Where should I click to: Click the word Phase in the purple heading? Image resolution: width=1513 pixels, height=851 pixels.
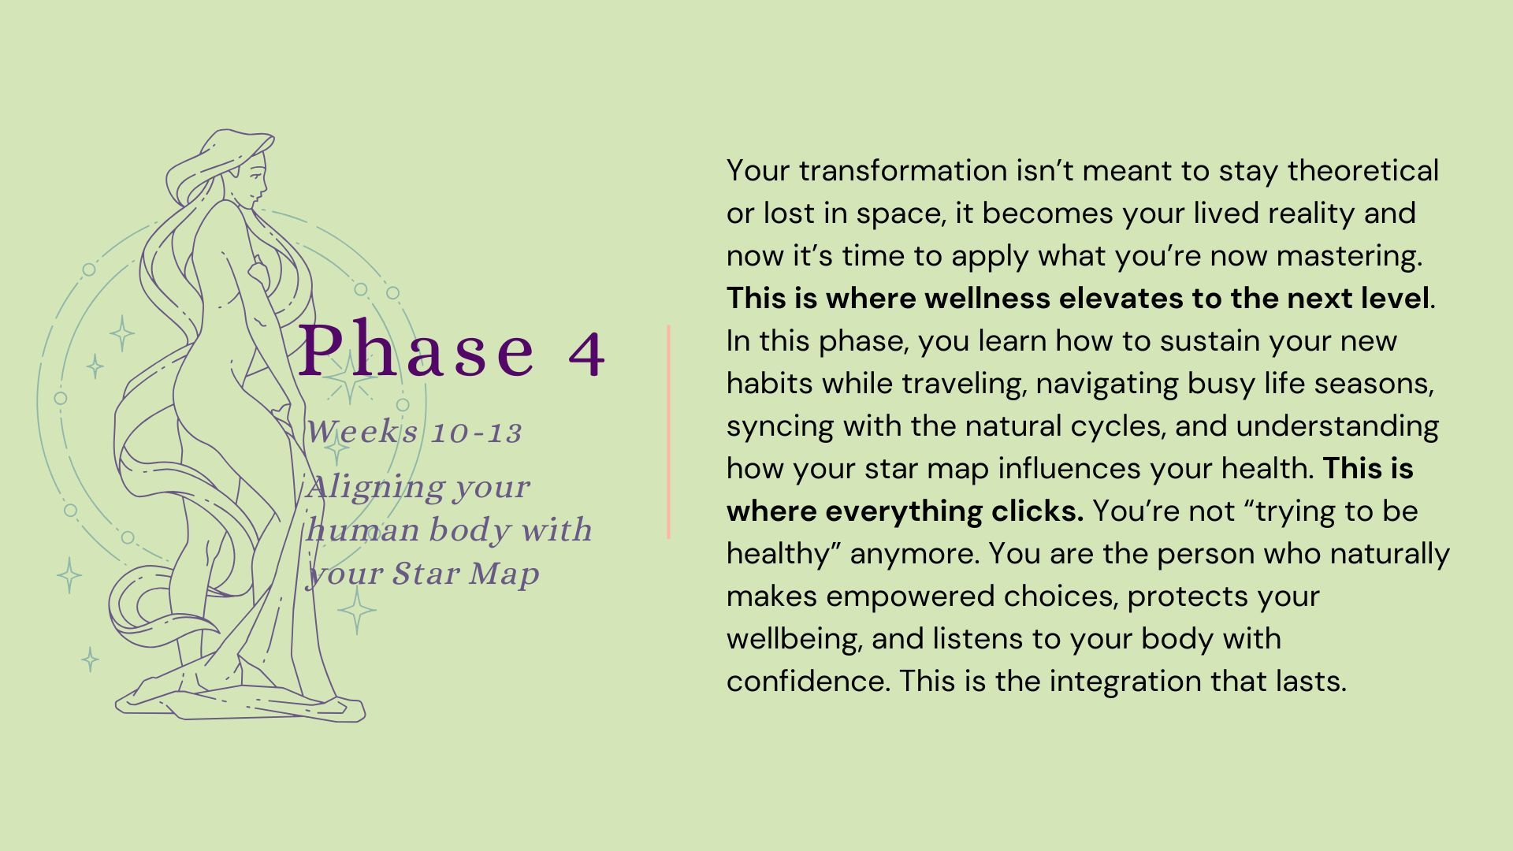(x=417, y=350)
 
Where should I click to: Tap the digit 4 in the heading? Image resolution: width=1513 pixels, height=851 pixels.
(x=586, y=355)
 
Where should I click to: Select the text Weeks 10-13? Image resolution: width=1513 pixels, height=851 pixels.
(x=414, y=432)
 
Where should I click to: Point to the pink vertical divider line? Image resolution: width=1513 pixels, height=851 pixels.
(x=668, y=432)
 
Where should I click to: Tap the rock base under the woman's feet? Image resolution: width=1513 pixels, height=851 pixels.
(x=240, y=697)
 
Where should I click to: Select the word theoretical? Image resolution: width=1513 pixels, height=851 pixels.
(x=1363, y=171)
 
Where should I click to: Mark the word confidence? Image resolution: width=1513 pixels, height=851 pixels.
(x=808, y=682)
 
